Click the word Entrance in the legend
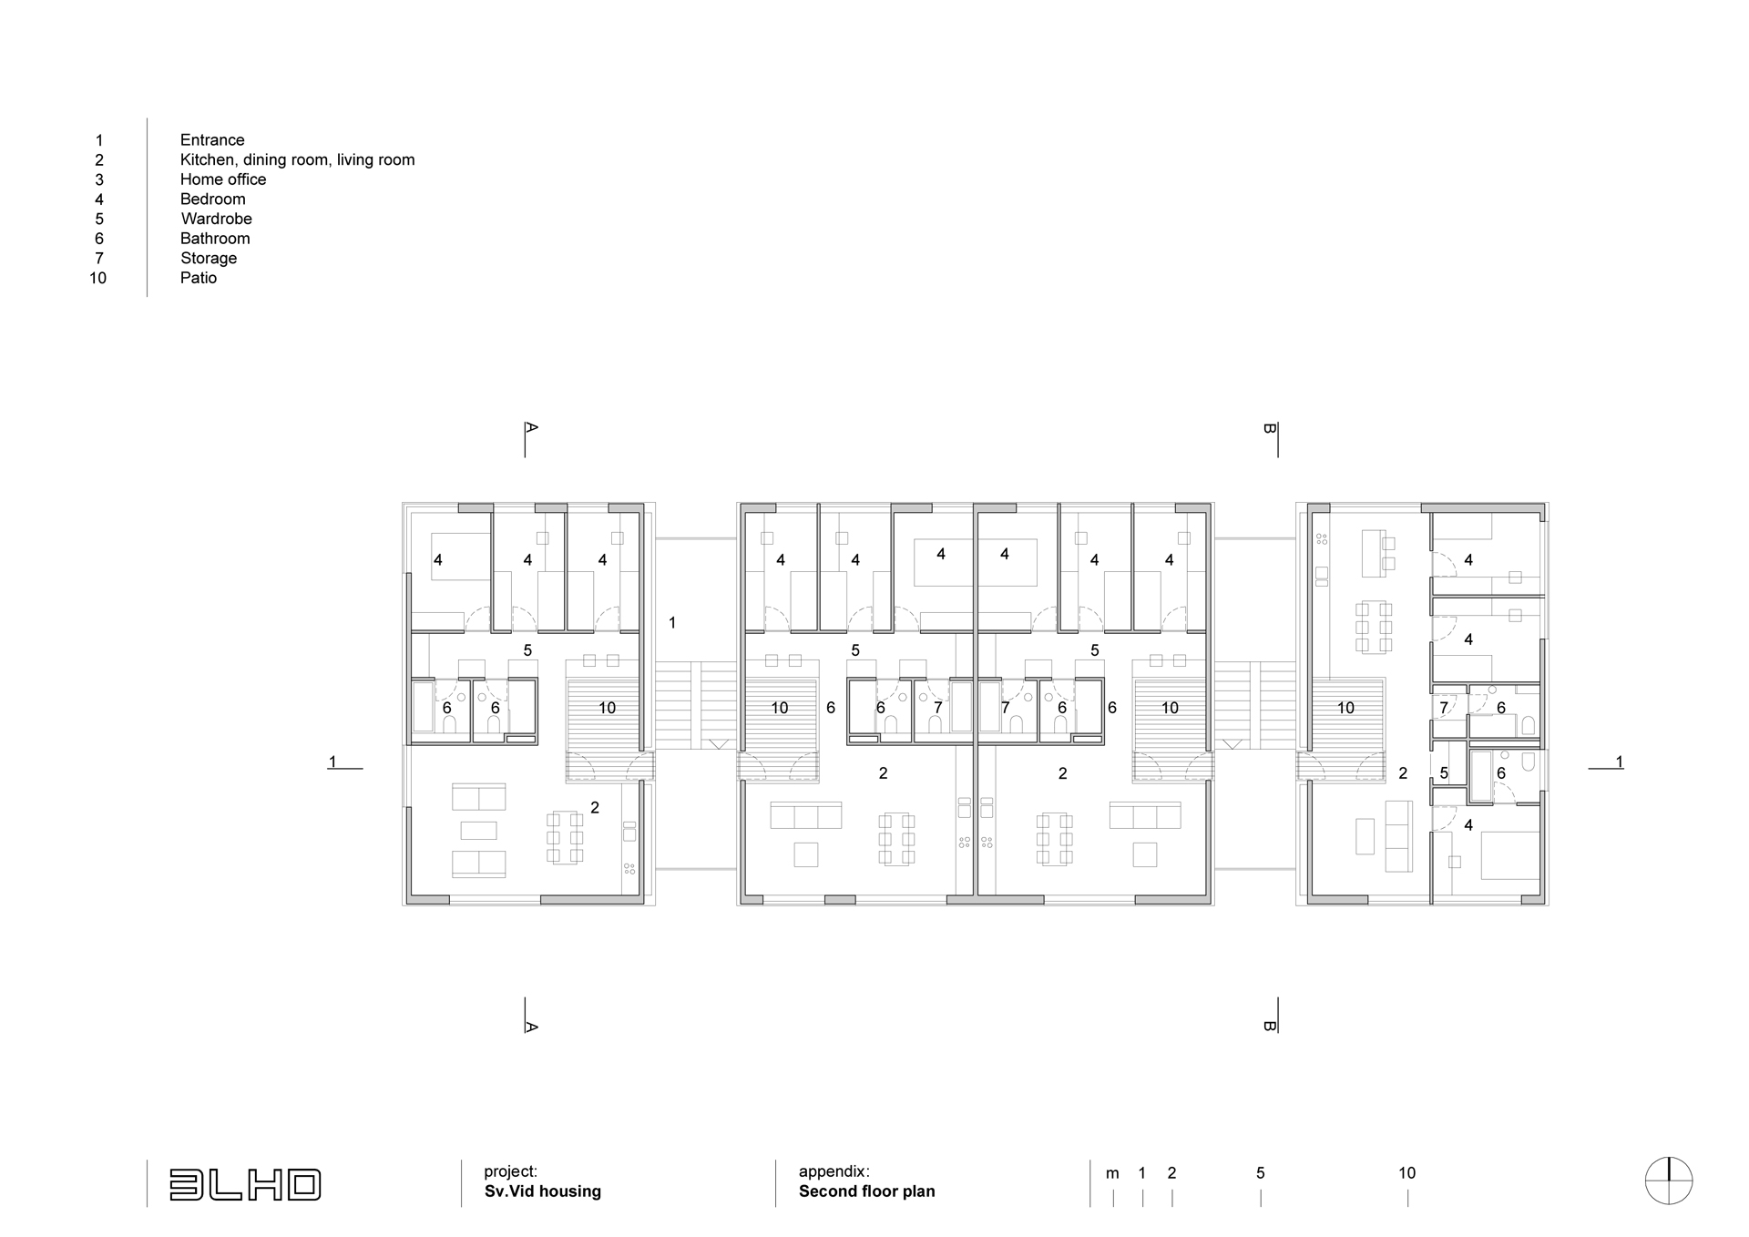[212, 140]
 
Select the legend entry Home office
[223, 179]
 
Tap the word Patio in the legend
[199, 278]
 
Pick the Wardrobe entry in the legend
[217, 219]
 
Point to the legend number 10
[98, 278]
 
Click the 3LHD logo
[245, 1184]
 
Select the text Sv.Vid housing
[543, 1191]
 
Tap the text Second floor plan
[867, 1191]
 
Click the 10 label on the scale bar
[1407, 1173]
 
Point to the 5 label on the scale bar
[1261, 1173]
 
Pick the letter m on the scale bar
[1112, 1174]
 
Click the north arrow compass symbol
[1669, 1181]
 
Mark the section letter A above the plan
[532, 426]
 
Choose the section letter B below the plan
[1269, 1026]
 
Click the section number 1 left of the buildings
[333, 762]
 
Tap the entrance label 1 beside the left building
[672, 623]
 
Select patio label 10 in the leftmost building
[607, 708]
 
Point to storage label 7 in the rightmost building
[1444, 708]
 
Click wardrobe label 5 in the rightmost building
[1444, 773]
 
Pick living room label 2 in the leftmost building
[595, 807]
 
